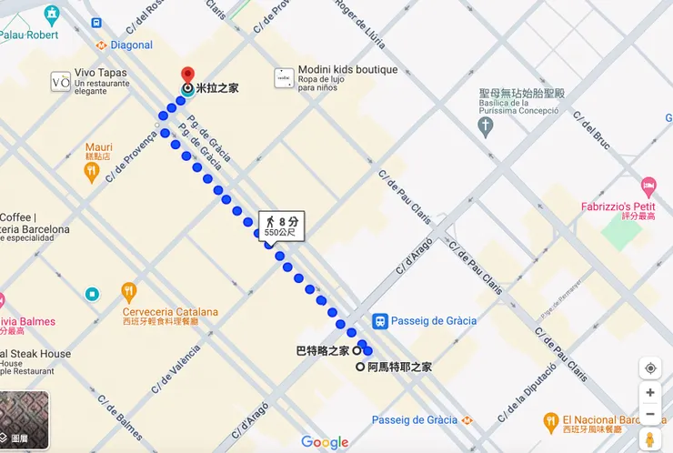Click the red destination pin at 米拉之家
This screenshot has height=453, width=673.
[187, 75]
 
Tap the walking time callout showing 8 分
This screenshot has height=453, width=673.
[281, 226]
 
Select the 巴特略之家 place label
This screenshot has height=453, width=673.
[322, 350]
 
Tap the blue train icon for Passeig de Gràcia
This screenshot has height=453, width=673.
[380, 320]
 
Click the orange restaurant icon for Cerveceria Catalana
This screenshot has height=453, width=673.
[128, 292]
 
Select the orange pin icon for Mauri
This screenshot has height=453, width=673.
[91, 172]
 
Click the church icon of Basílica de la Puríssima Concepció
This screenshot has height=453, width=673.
[486, 126]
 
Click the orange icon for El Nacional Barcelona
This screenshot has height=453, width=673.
[550, 421]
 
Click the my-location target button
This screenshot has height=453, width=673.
[649, 368]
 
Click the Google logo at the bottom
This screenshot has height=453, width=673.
[325, 442]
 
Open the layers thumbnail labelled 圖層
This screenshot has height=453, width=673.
[24, 421]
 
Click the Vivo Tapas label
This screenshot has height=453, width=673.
[101, 73]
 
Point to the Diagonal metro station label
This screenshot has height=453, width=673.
[131, 45]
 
